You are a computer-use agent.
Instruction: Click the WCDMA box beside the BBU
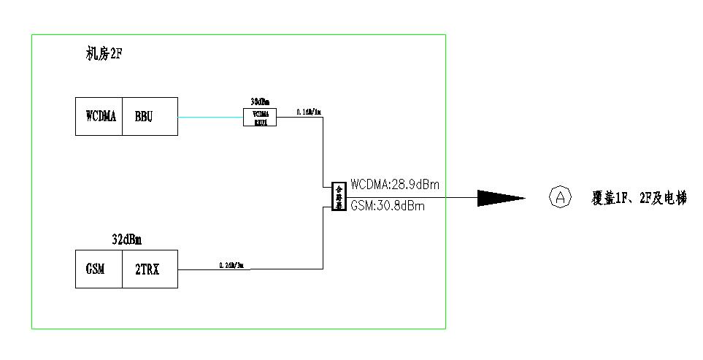[100, 116]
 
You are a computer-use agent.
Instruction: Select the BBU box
[149, 116]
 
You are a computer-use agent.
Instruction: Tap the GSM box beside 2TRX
[99, 269]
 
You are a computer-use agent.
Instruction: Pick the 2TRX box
[149, 269]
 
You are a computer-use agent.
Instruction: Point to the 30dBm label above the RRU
[261, 102]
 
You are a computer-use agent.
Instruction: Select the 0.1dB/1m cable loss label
[309, 112]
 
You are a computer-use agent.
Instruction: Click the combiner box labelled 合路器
[338, 196]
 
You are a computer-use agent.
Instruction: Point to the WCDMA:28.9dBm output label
[399, 183]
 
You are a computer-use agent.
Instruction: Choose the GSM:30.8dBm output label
[387, 207]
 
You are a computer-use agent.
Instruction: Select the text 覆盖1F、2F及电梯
[639, 197]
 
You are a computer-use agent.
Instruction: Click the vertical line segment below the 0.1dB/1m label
[323, 150]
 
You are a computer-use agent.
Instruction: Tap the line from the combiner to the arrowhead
[409, 196]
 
